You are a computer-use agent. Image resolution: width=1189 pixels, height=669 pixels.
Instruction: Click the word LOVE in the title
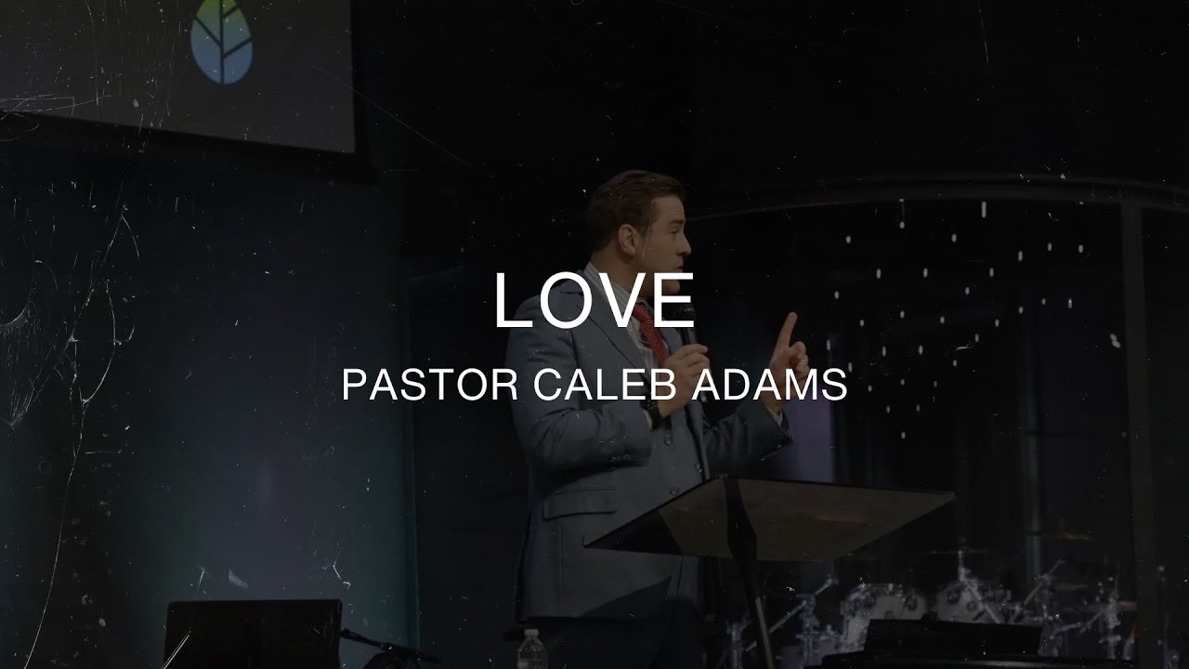click(x=594, y=300)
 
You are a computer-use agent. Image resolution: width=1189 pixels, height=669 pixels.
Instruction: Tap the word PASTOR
click(x=429, y=384)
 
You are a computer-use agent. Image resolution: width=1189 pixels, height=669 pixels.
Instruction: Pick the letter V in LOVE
click(x=617, y=300)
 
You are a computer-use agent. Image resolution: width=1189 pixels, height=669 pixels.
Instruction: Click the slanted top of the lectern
click(x=771, y=517)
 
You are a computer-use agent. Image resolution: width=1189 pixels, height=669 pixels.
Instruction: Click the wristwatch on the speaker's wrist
click(x=653, y=409)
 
